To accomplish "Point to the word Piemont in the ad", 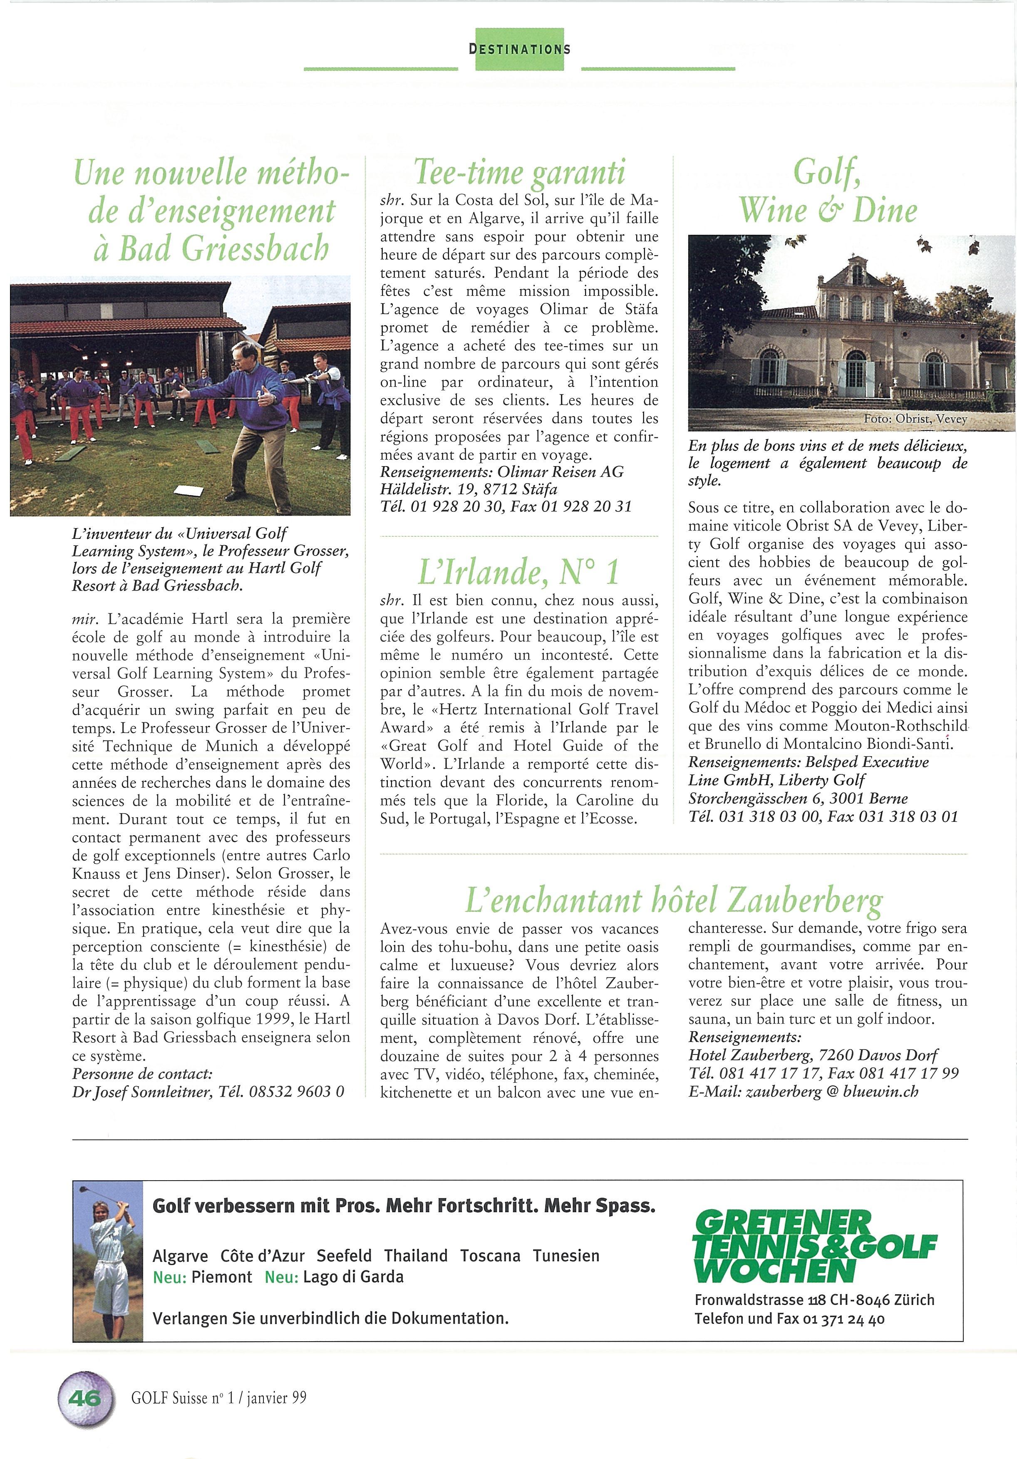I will [222, 1277].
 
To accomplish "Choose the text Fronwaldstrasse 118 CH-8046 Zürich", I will [814, 1300].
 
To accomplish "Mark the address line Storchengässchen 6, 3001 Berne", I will [798, 799].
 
